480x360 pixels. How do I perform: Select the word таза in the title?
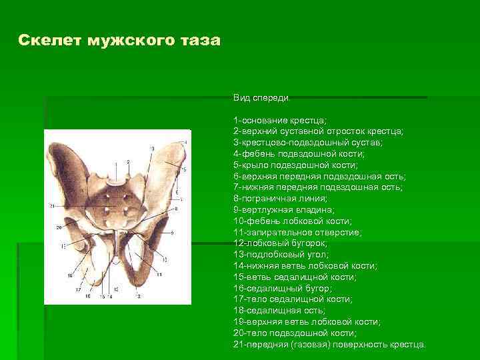pos(199,41)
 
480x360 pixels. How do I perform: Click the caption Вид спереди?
pos(261,98)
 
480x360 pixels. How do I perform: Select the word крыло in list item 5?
pos(257,165)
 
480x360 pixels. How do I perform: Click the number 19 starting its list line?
pos(238,322)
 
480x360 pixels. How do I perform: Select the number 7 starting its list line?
pos(235,187)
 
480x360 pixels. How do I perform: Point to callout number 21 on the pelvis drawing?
pos(51,207)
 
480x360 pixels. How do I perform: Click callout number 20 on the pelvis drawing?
pos(58,227)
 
